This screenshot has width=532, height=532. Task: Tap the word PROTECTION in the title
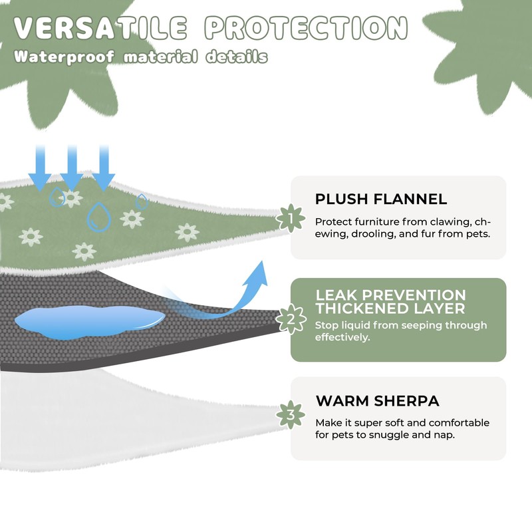point(305,28)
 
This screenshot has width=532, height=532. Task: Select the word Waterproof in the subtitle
point(64,57)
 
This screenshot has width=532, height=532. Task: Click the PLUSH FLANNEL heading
point(381,199)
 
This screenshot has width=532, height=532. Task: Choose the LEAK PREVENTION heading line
point(390,295)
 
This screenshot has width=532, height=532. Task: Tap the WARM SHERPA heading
point(377,401)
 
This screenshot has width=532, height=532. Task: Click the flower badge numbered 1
point(290,218)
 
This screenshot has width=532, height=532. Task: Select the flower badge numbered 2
point(290,320)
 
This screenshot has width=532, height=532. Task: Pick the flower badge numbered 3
point(290,416)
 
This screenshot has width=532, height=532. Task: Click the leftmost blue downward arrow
point(40,167)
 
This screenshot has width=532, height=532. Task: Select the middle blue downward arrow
point(72,167)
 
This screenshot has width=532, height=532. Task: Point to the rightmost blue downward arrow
point(104,167)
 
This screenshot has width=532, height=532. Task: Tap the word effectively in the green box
point(342,337)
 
